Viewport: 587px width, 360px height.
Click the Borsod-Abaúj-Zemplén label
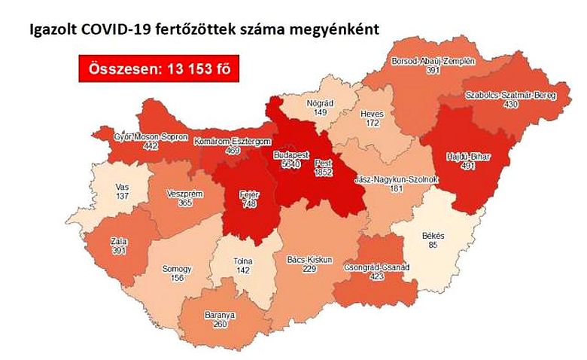tap(433, 60)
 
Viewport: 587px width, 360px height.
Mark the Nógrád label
tap(321, 103)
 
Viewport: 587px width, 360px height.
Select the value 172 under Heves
tap(372, 123)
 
